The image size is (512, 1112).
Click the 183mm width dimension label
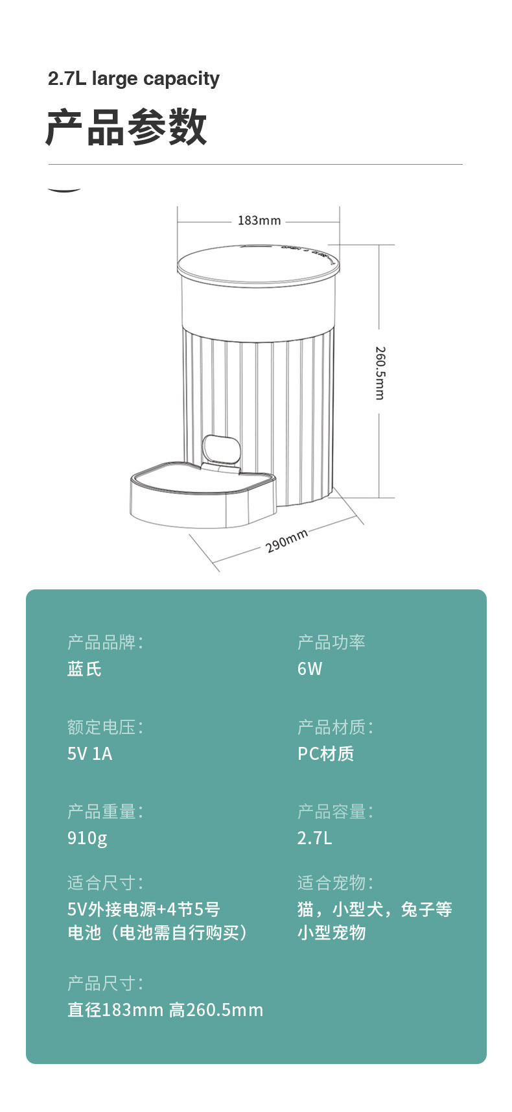click(259, 220)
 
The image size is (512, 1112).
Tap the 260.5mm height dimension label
click(380, 373)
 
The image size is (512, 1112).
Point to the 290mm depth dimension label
click(286, 541)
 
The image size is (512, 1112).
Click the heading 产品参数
click(127, 128)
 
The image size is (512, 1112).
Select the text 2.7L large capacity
click(134, 79)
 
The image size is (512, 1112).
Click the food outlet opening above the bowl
click(220, 449)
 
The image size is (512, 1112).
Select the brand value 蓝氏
click(84, 669)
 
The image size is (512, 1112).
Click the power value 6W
click(310, 669)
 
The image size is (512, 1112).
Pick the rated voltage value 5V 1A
click(90, 753)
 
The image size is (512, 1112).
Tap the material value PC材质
click(325, 753)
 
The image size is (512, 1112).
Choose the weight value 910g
click(87, 838)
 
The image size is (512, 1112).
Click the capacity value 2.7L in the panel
click(314, 838)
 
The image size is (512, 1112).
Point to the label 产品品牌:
click(105, 643)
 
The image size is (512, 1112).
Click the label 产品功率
click(331, 643)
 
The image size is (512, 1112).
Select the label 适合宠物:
click(335, 882)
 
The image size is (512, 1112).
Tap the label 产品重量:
click(105, 811)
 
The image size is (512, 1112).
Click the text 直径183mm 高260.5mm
click(165, 1010)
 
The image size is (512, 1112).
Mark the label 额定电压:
click(105, 727)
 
